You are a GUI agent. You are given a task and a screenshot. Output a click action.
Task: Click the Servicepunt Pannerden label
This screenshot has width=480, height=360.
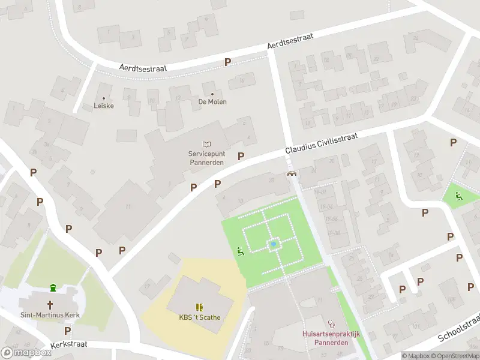206,158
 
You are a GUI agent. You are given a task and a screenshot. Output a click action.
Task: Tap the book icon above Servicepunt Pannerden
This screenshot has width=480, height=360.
206,144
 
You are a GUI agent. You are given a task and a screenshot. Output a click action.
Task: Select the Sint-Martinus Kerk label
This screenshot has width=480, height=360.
50,315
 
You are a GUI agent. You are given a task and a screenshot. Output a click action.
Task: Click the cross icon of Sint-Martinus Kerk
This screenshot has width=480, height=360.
51,304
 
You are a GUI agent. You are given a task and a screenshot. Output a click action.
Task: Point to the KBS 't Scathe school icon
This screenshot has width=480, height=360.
199,307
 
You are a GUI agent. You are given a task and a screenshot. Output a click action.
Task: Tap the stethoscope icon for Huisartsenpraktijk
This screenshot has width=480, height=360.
330,323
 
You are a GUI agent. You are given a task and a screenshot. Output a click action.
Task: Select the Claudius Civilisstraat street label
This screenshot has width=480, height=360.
321,144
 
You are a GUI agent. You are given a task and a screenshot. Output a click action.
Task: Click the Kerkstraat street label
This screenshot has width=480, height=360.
69,345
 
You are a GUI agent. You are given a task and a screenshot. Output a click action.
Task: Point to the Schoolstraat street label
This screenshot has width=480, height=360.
459,328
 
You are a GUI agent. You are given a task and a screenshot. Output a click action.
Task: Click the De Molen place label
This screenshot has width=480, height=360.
212,101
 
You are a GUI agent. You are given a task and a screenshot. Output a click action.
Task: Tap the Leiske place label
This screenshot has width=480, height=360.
104,106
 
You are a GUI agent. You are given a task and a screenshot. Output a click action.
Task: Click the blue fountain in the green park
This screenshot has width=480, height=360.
274,244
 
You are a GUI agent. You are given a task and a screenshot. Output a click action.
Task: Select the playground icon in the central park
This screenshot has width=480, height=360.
241,251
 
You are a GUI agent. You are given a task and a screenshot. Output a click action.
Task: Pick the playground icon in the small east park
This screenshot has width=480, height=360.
459,196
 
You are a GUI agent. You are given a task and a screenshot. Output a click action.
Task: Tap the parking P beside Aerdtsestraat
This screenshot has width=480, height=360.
228,62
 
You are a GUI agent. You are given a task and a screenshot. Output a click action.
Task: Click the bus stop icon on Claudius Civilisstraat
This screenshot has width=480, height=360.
292,173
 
